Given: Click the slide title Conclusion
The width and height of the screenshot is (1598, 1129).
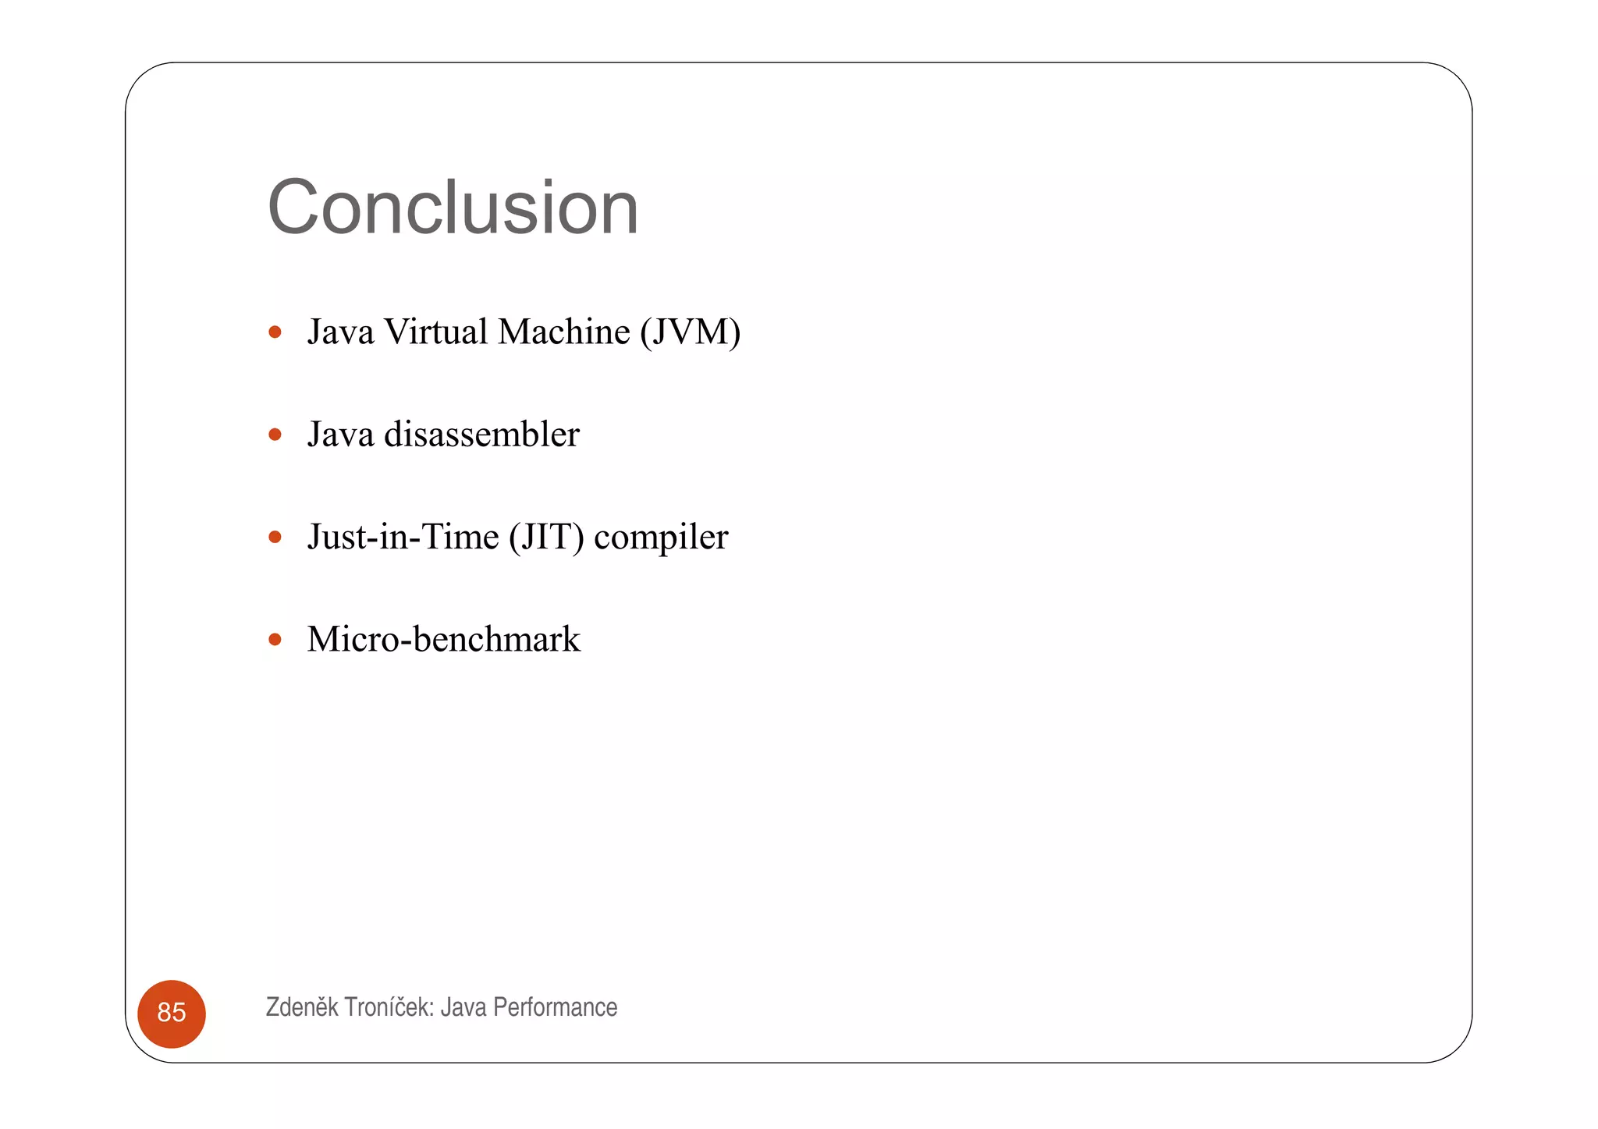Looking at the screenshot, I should coord(453,208).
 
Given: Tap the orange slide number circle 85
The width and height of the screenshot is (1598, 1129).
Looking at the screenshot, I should coord(172,1013).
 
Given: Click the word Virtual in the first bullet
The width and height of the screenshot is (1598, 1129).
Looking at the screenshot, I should coord(436,332).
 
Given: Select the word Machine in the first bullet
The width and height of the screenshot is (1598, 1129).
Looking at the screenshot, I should coord(563,332).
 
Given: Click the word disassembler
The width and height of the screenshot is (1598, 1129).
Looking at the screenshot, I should coord(481,435).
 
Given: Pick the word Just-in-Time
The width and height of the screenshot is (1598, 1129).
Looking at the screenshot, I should coord(403,537).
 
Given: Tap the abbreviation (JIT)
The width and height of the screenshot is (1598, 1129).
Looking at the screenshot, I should coord(546,538).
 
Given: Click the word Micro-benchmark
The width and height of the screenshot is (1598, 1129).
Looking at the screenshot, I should coord(443,640).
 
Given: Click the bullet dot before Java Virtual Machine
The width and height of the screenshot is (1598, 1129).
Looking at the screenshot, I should coord(275,332).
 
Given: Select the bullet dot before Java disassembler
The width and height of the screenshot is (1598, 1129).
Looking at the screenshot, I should coord(275,435).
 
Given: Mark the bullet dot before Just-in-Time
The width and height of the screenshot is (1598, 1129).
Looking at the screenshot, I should coord(275,537).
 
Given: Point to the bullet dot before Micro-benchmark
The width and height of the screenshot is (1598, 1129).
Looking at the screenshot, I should coord(275,640).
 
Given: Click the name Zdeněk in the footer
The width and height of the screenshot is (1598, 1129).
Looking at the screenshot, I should coord(302,1007).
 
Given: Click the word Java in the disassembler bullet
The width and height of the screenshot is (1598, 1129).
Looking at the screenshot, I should coord(340,435).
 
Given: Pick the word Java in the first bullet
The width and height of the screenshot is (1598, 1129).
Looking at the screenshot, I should coord(340,332).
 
